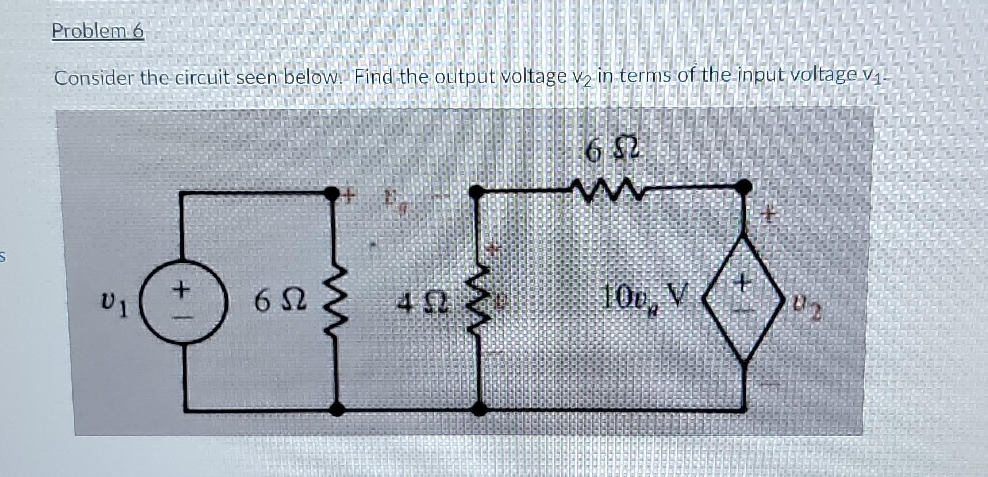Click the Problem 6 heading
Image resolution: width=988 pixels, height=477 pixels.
98,31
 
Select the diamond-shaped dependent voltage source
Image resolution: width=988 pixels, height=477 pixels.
744,297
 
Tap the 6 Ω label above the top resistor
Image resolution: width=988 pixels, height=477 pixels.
612,150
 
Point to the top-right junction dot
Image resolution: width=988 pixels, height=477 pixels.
744,187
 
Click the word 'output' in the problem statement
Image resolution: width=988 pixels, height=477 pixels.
468,76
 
